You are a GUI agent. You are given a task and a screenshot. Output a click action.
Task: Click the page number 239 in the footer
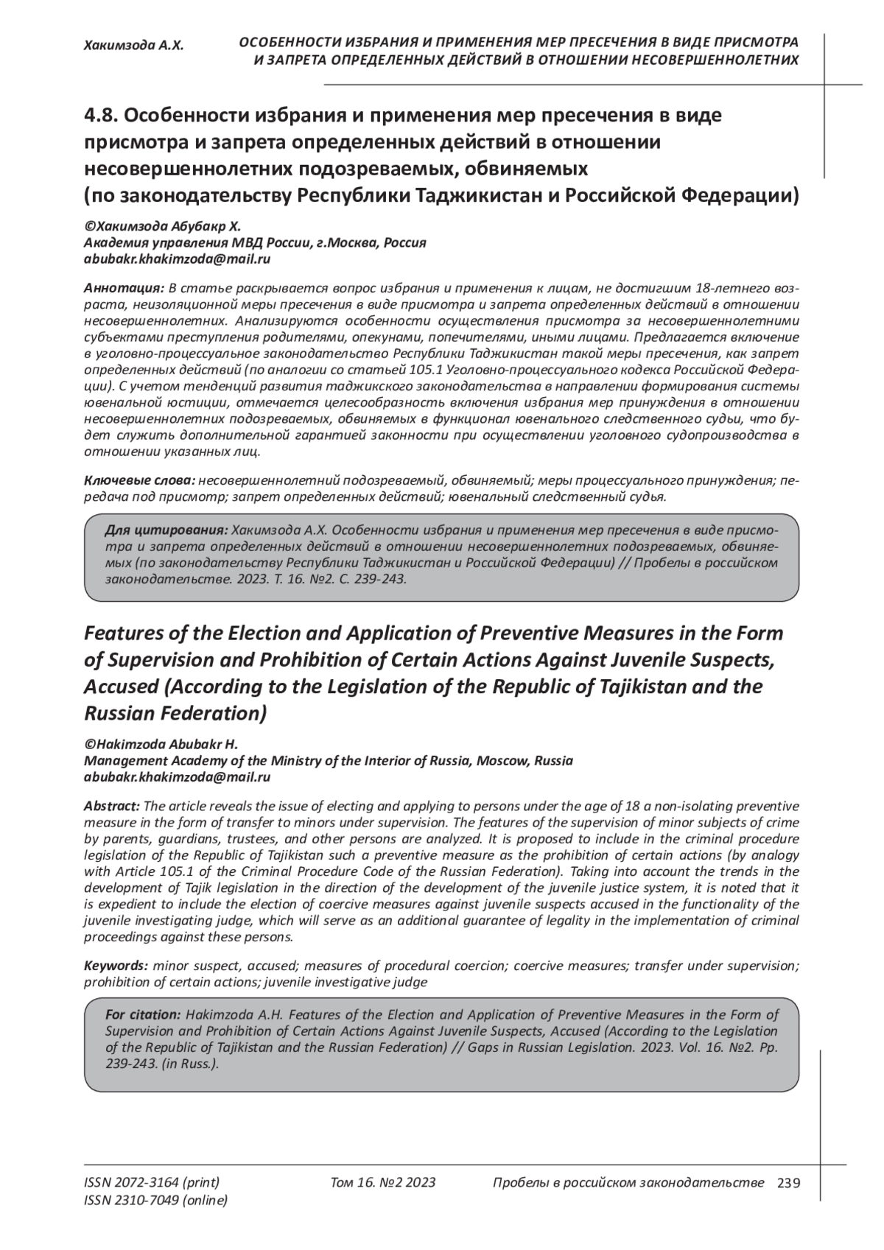coord(788,1183)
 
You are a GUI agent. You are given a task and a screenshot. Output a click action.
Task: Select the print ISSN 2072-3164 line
coord(152,1183)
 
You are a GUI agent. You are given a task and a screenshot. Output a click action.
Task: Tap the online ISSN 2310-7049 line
coord(155,1201)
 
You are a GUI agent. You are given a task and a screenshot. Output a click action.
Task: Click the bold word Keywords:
coord(116,965)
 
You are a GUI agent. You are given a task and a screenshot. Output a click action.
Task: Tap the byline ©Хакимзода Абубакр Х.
coord(162,225)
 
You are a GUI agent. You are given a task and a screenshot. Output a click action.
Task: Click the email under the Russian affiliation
coord(177,259)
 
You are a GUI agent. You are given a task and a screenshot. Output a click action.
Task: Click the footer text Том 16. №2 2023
coord(382,1183)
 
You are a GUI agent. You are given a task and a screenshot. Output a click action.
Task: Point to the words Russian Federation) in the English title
coord(175,713)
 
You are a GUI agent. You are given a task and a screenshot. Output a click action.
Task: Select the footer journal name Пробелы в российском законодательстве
coord(626,1183)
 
